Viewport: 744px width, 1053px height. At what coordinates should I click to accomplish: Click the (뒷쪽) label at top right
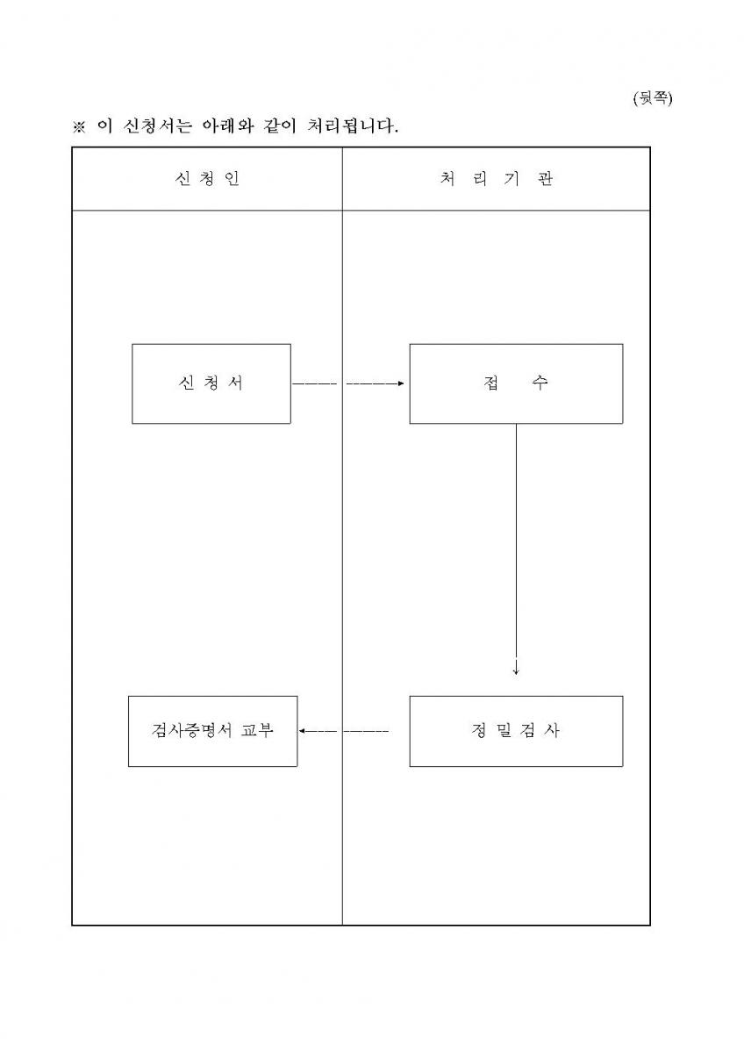[x=653, y=98]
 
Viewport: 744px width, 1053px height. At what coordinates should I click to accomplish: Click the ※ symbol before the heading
[x=79, y=127]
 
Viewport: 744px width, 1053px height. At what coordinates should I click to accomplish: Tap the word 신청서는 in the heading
[x=158, y=126]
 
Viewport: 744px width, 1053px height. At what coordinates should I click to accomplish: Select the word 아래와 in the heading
[x=227, y=126]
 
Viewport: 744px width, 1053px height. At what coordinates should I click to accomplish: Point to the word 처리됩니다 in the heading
[x=353, y=126]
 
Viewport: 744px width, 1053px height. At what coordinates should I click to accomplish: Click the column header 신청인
[x=207, y=179]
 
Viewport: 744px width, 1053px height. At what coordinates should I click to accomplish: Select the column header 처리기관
[x=497, y=179]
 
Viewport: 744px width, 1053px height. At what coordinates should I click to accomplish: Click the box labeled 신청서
[x=211, y=383]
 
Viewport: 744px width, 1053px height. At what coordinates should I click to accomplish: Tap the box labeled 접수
[x=516, y=383]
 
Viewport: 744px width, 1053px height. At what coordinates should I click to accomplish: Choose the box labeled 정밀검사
[x=516, y=731]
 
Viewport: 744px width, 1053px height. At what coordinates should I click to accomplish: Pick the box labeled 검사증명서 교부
[x=213, y=731]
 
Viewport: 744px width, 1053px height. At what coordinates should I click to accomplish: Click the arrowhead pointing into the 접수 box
[x=401, y=383]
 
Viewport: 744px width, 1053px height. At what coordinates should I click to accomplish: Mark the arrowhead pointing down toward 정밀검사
[x=516, y=672]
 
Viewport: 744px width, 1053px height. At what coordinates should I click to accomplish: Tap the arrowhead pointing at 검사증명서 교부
[x=302, y=731]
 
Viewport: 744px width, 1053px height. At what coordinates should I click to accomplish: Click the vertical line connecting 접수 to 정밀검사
[x=516, y=549]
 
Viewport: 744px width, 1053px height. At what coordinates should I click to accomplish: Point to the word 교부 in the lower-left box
[x=256, y=730]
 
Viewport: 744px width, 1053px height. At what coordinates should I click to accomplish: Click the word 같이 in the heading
[x=280, y=126]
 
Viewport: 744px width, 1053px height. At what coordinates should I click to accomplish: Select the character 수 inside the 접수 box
[x=540, y=383]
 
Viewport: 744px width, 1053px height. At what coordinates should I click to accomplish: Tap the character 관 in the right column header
[x=545, y=179]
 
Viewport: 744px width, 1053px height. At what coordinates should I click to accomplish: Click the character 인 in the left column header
[x=232, y=179]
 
